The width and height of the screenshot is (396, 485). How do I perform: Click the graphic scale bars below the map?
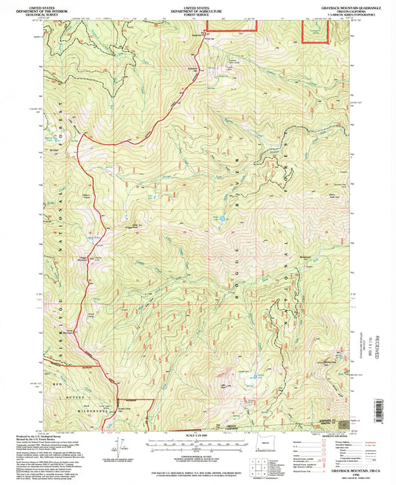click(x=197, y=444)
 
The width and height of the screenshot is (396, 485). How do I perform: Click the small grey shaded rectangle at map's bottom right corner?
click(x=341, y=425)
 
